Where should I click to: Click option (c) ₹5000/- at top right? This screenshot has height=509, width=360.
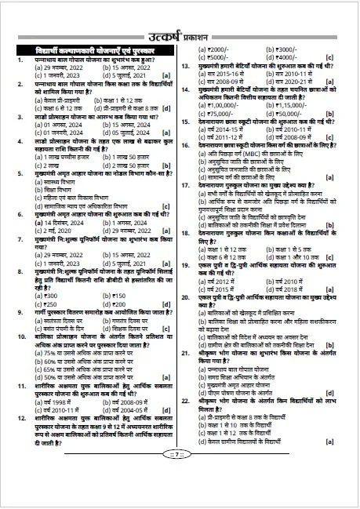209,57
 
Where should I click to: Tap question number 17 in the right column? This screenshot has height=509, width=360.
184,184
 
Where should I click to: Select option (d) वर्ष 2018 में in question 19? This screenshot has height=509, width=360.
279,267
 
